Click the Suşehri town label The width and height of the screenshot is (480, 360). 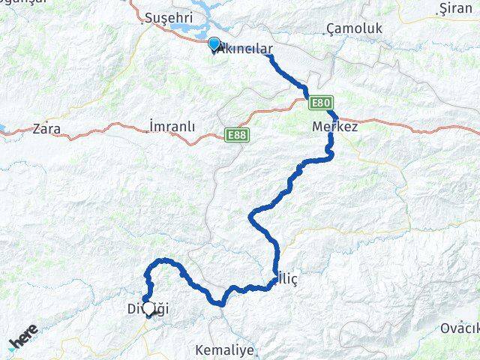click(x=169, y=16)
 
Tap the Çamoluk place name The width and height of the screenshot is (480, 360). click(x=355, y=29)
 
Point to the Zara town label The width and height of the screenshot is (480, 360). click(x=46, y=128)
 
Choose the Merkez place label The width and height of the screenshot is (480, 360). click(x=334, y=127)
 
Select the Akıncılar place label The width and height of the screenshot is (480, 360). click(x=244, y=48)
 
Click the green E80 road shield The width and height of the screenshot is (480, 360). click(x=319, y=103)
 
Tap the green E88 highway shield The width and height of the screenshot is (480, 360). click(x=236, y=135)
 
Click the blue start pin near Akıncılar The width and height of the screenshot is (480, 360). click(x=214, y=44)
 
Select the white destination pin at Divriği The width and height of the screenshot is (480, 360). click(x=148, y=307)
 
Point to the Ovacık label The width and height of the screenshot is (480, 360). click(x=459, y=328)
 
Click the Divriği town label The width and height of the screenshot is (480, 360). click(x=138, y=307)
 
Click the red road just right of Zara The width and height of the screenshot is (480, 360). click(x=82, y=136)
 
